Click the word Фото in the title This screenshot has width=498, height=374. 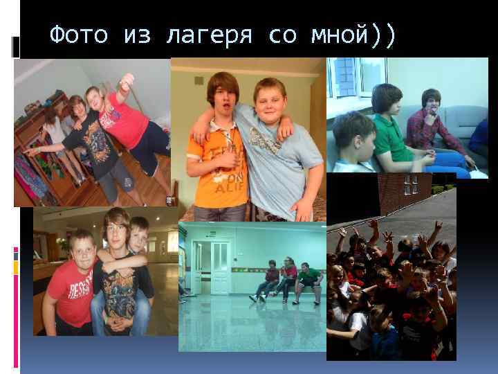point(79,35)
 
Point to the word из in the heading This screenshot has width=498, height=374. point(136,35)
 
